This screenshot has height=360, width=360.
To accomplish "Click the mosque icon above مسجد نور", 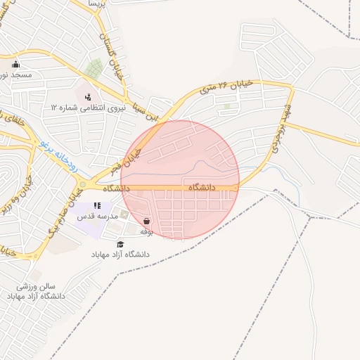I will [x=16, y=65].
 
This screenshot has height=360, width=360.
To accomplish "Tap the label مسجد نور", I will [x=16, y=75].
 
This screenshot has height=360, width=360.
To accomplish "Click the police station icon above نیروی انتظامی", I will [x=89, y=97].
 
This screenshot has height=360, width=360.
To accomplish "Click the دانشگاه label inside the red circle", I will [x=205, y=188].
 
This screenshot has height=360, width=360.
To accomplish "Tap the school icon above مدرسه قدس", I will [x=96, y=206].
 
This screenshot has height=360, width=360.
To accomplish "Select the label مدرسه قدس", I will [x=95, y=216].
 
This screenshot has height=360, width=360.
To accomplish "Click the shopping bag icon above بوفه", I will [x=146, y=221].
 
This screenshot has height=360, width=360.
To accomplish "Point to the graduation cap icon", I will [x=120, y=243].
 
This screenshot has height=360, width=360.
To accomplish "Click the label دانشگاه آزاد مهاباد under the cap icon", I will [x=118, y=253].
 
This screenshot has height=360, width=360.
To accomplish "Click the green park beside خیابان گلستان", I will [x=94, y=68].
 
